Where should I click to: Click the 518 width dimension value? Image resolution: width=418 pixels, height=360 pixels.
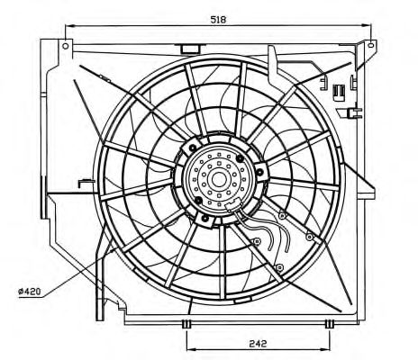pos(218,20)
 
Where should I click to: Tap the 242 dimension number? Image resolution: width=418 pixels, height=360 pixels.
pos(258,344)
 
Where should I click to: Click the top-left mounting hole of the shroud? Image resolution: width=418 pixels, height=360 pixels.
pos(66,46)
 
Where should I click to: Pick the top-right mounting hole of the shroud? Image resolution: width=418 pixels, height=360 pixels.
pos(371,45)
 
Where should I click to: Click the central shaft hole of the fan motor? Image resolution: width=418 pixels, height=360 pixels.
pos(219,179)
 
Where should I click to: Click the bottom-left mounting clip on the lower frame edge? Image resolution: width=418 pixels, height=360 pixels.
pos(186,324)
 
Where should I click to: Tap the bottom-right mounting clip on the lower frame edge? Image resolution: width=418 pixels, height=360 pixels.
pos(330,324)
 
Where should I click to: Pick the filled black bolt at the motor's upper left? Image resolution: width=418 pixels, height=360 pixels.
pos(193,148)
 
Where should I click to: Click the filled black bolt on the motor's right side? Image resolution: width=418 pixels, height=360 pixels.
pos(260,172)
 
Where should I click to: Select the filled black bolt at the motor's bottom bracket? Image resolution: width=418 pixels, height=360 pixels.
pos(205,218)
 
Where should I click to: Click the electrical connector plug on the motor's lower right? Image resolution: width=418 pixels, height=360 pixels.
pos(233,206)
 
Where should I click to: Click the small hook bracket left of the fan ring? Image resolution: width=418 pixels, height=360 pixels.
pos(86,183)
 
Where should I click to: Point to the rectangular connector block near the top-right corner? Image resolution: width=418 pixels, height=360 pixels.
pos(339,92)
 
